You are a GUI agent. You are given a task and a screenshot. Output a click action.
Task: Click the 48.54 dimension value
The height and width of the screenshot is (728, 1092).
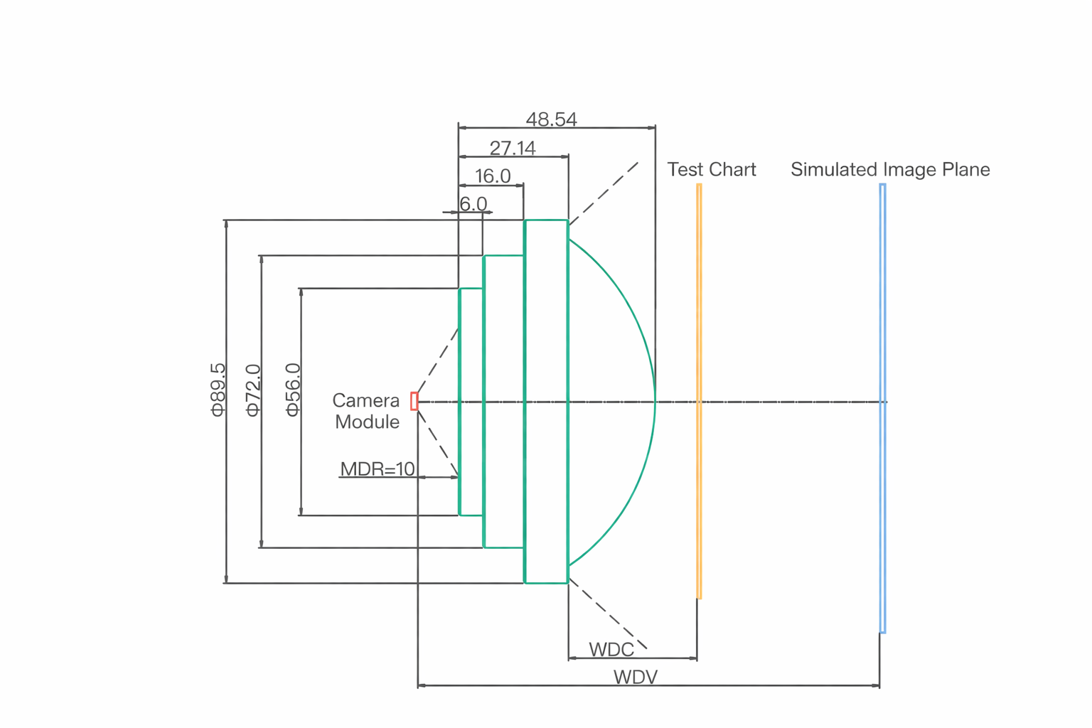[x=551, y=119]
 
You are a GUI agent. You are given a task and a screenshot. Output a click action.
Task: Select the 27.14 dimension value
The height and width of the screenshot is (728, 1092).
[x=513, y=148]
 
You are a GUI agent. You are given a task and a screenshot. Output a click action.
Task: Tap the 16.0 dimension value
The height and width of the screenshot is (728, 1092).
[x=493, y=176]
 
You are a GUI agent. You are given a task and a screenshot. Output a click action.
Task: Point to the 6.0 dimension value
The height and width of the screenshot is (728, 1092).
[x=473, y=204]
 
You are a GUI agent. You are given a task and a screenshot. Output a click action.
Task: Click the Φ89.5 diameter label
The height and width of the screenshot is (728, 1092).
[x=218, y=389]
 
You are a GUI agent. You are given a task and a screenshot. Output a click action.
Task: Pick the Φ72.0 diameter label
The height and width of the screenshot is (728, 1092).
[x=253, y=390]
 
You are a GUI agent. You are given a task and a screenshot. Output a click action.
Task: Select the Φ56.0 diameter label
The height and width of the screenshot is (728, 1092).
[x=292, y=389]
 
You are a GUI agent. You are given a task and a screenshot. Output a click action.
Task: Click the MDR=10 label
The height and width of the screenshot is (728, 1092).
[x=377, y=469]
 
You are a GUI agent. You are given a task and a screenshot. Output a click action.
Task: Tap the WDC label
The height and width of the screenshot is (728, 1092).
[x=611, y=650]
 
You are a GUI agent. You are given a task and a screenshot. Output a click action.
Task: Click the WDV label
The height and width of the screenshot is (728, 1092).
[x=636, y=677]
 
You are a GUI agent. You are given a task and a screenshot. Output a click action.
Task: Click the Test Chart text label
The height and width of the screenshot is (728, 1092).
[x=711, y=169]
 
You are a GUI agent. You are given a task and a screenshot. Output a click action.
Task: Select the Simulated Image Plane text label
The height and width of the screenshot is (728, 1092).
[x=890, y=169]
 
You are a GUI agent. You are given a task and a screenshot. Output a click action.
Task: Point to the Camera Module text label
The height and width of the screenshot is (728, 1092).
[x=367, y=411]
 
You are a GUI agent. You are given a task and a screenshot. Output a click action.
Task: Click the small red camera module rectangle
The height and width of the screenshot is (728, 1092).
[x=414, y=401]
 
